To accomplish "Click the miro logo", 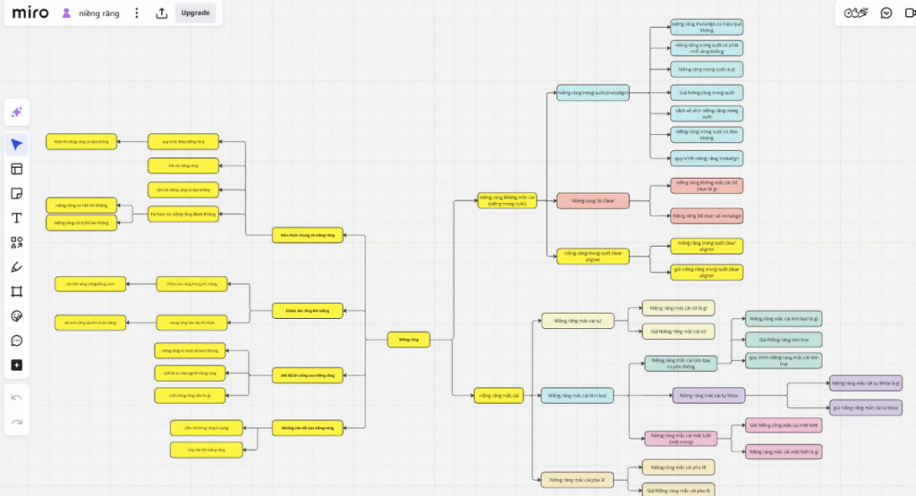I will click(30, 13).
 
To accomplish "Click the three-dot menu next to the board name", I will click(136, 13).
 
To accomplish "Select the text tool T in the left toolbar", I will click(17, 218).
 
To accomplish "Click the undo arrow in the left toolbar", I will click(17, 397).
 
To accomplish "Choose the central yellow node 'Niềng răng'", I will click(408, 340).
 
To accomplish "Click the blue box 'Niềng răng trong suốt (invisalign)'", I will click(593, 92).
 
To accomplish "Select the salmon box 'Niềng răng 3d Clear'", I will click(593, 201).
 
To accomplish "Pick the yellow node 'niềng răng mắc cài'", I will click(499, 396).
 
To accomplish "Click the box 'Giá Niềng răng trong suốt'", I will click(706, 92).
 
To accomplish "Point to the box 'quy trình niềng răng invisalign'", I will click(706, 157).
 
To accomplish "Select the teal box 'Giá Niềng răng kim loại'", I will click(784, 340).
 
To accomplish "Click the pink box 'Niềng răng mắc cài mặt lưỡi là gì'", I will click(784, 451).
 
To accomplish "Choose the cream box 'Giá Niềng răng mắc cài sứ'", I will click(677, 331).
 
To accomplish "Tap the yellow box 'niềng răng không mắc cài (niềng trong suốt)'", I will click(506, 200).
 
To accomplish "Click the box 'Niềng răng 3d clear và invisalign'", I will click(706, 216).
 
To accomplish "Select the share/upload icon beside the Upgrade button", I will click(161, 13).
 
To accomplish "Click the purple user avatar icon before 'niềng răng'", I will click(66, 13).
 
